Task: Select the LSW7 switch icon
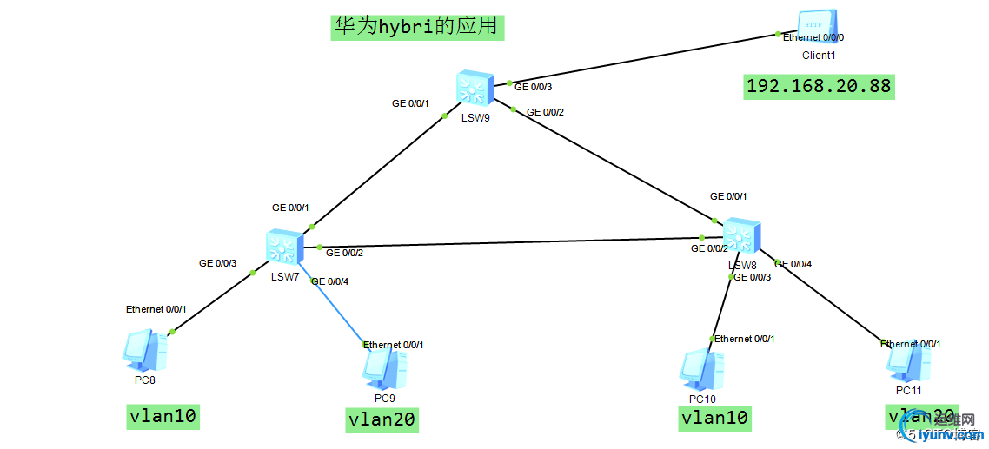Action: click(x=284, y=248)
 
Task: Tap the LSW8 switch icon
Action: click(x=740, y=236)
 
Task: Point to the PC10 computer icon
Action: click(x=701, y=370)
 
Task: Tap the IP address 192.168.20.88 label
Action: click(x=819, y=87)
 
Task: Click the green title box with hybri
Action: click(x=416, y=27)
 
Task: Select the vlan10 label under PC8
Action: click(x=163, y=417)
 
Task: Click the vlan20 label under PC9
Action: click(x=382, y=420)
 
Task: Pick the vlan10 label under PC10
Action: click(x=714, y=419)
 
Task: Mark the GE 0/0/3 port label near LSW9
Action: click(x=534, y=87)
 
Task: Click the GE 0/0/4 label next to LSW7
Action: click(x=330, y=281)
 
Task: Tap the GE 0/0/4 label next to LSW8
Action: click(x=793, y=264)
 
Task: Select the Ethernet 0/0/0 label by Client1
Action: click(x=813, y=38)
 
